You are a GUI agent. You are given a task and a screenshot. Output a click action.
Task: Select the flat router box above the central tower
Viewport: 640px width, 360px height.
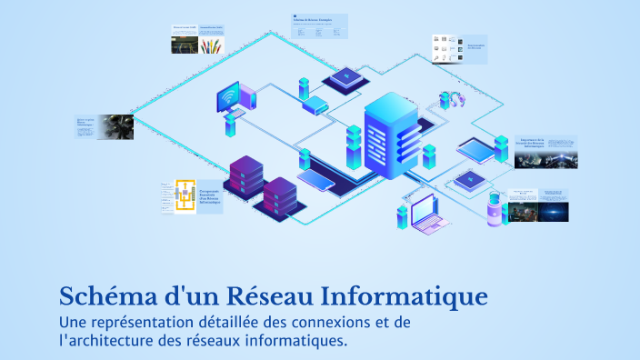pyautogui.click(x=315, y=107)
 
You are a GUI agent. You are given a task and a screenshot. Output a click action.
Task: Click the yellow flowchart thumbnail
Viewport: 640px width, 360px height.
pyautogui.click(x=185, y=195)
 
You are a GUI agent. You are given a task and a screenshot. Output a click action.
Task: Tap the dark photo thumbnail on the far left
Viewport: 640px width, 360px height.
pyautogui.click(x=115, y=126)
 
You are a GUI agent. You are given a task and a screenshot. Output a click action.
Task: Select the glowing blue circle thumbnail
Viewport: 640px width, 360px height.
pyautogui.click(x=553, y=211)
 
